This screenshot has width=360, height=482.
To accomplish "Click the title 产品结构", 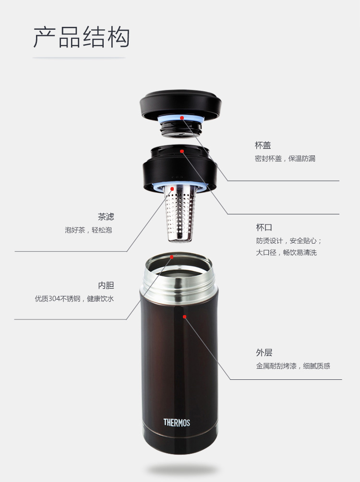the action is tap(81, 37).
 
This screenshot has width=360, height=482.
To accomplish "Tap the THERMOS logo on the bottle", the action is tap(177, 423).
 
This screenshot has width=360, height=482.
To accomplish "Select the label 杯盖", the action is tap(263, 145).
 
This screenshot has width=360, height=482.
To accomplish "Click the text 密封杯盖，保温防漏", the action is tap(285, 159).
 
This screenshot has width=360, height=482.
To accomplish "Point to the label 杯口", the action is tap(264, 227).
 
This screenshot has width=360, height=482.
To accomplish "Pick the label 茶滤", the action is tap(106, 217).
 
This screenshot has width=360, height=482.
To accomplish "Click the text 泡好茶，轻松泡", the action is tap(88, 230).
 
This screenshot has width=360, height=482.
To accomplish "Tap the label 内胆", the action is tap(106, 285).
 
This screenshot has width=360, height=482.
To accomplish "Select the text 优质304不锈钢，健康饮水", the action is tap(74, 298).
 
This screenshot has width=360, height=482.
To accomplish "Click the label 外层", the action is tap(264, 353).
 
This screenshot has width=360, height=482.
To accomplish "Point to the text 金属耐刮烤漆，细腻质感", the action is tap(293, 366).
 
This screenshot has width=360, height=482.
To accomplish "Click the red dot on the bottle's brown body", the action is tap(185, 317).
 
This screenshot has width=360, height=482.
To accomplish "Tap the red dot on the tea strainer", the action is tap(172, 189).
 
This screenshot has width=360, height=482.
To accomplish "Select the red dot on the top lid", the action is tap(182, 118).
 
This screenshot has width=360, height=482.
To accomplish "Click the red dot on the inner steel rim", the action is tap(172, 257).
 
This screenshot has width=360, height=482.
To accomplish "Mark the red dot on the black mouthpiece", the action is tap(182, 151).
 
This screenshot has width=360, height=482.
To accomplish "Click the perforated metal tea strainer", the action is tap(180, 213).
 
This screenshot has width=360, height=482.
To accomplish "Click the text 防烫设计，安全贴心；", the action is tap(289, 241).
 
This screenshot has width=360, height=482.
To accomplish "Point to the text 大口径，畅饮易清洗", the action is tap(286, 253).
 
